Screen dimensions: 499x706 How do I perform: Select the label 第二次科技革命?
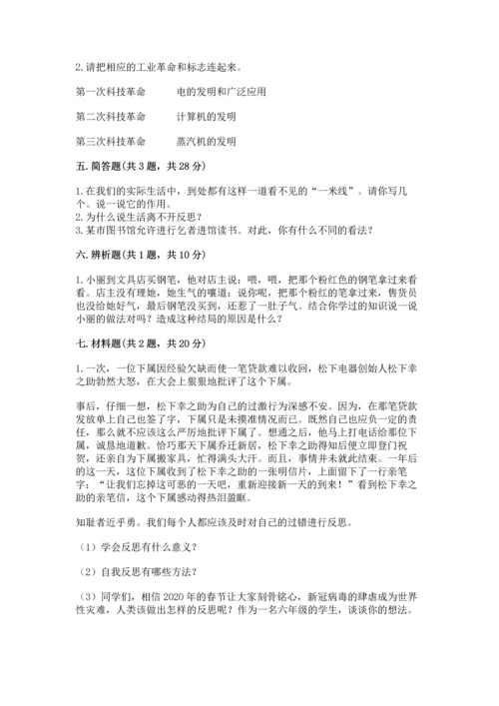click(x=110, y=116)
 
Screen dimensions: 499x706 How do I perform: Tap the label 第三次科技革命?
click(x=110, y=141)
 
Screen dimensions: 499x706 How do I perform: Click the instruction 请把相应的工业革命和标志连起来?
click(x=160, y=67)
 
